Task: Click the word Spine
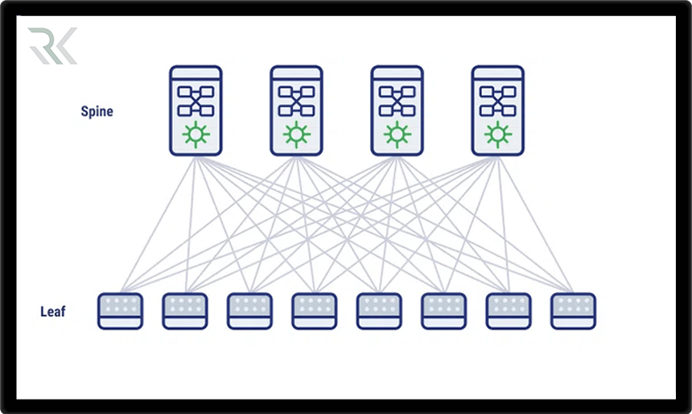[97, 111]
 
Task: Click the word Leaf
[53, 311]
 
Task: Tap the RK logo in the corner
[52, 46]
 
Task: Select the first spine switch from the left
[195, 111]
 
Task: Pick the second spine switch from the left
[295, 111]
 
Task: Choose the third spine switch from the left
[396, 111]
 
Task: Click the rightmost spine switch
[496, 111]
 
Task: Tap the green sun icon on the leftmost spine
[195, 133]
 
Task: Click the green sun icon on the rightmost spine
[496, 133]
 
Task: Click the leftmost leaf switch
[120, 311]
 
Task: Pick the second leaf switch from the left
[185, 311]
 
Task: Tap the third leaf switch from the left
[249, 311]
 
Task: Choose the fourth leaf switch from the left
[315, 311]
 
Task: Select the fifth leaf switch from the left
[379, 311]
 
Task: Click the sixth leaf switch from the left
[443, 311]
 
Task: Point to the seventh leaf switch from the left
[509, 311]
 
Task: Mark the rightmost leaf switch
[573, 311]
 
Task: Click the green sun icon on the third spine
[396, 133]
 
